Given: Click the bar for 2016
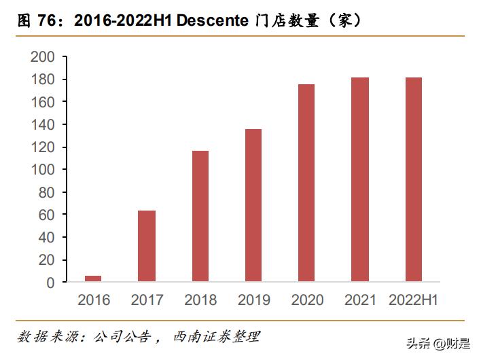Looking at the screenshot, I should tap(93, 278).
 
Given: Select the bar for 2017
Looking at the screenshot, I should tap(146, 246).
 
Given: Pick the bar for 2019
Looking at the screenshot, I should tap(253, 205).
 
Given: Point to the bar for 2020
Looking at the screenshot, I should tap(306, 183).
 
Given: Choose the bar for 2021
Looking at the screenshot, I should tap(360, 179).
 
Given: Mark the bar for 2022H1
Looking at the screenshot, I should tap(413, 179).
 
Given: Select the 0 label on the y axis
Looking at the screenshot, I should tap(51, 282).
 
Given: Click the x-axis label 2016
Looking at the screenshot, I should tap(93, 300).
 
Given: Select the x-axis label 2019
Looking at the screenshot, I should tap(253, 300).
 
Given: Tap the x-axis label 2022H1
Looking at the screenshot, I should tap(413, 300).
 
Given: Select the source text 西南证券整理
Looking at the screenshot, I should tap(217, 337).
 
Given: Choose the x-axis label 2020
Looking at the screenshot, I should tap(306, 300).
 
